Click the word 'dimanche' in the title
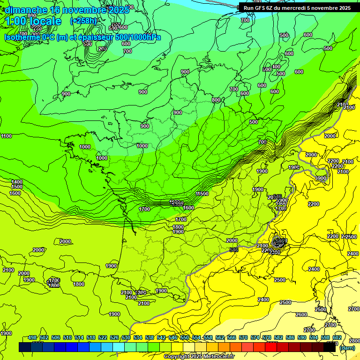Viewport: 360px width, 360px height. [24, 10]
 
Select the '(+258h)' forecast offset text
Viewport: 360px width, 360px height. [83, 21]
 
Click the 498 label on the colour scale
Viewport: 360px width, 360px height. [32, 337]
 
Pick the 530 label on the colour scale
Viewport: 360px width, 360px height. [126, 337]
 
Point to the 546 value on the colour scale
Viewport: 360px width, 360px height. [173, 337]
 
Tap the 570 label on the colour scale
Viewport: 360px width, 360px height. [243, 337]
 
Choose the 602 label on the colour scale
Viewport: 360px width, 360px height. [337, 337]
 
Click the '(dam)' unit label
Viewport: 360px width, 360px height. [346, 348]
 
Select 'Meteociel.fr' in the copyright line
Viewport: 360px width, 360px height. [218, 357]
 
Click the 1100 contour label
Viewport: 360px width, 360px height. [7, 136]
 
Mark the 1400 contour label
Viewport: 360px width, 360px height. [16, 182]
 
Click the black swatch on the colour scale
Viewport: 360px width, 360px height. [330, 347]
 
